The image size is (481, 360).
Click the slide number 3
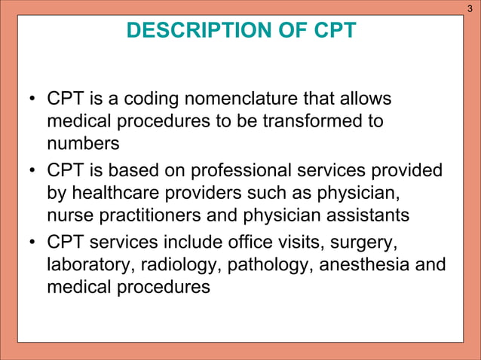(x=470, y=8)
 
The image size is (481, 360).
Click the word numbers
(x=78, y=142)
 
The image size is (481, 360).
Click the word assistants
(x=360, y=215)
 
